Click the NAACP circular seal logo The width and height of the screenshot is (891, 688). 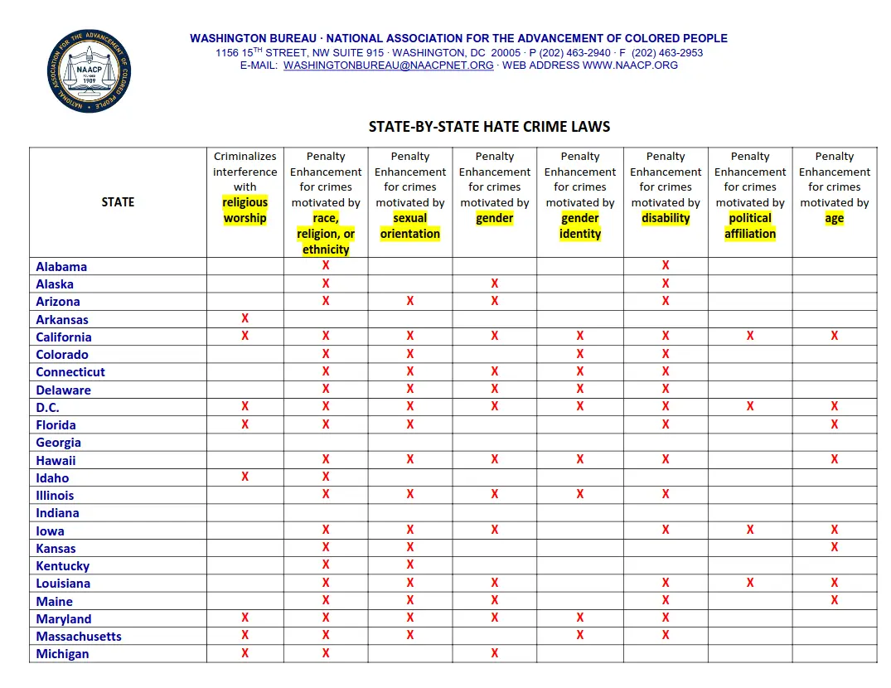pyautogui.click(x=90, y=71)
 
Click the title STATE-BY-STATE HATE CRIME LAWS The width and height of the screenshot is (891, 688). pyautogui.click(x=489, y=127)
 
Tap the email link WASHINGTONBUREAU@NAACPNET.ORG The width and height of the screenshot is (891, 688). pyautogui.click(x=389, y=65)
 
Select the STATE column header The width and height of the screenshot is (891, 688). pyautogui.click(x=118, y=202)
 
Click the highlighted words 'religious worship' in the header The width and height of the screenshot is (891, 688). pyautogui.click(x=245, y=211)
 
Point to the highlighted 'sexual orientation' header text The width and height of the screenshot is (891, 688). pyautogui.click(x=410, y=226)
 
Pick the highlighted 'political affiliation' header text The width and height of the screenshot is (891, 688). pyautogui.click(x=750, y=226)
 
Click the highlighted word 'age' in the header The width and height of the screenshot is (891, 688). pyautogui.click(x=834, y=219)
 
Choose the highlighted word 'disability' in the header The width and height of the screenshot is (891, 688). pyautogui.click(x=666, y=219)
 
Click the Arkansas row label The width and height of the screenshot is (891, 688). pyautogui.click(x=62, y=320)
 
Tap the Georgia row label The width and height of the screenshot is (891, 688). pyautogui.click(x=59, y=443)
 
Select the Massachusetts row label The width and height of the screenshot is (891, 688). pyautogui.click(x=79, y=637)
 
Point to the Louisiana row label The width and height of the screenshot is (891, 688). pyautogui.click(x=63, y=584)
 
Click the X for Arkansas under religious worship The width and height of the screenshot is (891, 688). pyautogui.click(x=245, y=318)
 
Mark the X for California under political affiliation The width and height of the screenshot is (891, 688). pyautogui.click(x=750, y=336)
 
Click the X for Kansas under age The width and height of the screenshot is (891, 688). pyautogui.click(x=834, y=547)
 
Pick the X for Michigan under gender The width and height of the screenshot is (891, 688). pyautogui.click(x=495, y=653)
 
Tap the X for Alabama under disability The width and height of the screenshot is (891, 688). pyautogui.click(x=666, y=265)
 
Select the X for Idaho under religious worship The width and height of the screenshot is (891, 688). pyautogui.click(x=245, y=477)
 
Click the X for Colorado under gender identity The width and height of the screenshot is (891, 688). pyautogui.click(x=580, y=354)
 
